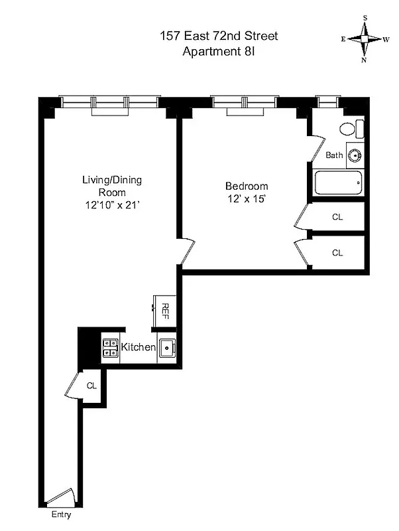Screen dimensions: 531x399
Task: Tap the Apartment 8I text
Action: pyautogui.click(x=218, y=51)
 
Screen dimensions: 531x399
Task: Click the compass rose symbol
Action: pyautogui.click(x=365, y=39)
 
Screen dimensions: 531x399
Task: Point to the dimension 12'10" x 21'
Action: pyautogui.click(x=111, y=205)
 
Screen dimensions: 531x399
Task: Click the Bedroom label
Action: pyautogui.click(x=247, y=186)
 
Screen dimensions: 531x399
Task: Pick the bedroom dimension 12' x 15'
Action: pyautogui.click(x=247, y=198)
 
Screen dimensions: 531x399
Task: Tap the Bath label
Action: pyautogui.click(x=335, y=155)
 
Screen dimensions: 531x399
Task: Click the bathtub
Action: pyautogui.click(x=338, y=181)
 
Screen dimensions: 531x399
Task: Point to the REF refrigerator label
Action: pyautogui.click(x=165, y=310)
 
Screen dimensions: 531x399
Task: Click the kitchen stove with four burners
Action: pyautogui.click(x=110, y=348)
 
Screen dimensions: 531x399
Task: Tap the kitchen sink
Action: pyautogui.click(x=167, y=348)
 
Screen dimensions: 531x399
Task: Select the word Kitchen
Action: pyautogui.click(x=138, y=347)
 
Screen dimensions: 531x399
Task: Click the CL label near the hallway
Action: pyautogui.click(x=92, y=386)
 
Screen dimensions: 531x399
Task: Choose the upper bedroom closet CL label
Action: pyautogui.click(x=337, y=216)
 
